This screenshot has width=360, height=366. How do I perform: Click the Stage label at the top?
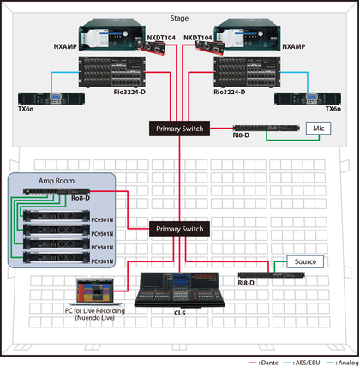(x=179, y=18)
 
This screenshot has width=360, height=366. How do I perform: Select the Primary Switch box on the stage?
(x=180, y=129)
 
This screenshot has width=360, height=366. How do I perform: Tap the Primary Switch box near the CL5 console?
(x=180, y=229)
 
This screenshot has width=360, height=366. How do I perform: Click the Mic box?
(x=319, y=129)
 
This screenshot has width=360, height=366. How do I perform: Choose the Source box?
(x=305, y=261)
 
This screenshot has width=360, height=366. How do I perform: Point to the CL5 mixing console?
(x=180, y=290)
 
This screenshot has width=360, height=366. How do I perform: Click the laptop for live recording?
(x=95, y=291)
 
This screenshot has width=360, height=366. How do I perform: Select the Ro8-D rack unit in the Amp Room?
(x=57, y=191)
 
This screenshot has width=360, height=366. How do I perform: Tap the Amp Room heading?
(x=57, y=181)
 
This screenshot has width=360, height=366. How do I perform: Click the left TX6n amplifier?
(x=51, y=99)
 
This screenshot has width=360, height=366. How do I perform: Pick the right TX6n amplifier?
(x=308, y=99)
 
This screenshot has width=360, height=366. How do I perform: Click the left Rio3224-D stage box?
(x=112, y=72)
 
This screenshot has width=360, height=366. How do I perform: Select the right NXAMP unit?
(x=248, y=35)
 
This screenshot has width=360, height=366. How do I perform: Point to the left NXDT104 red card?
(x=152, y=47)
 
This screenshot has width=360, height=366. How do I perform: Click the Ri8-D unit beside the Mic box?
(x=267, y=129)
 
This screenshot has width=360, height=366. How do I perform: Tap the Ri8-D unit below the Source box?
(x=272, y=275)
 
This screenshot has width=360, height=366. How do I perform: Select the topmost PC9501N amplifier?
(x=57, y=216)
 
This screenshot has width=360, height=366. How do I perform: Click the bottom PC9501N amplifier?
(x=57, y=257)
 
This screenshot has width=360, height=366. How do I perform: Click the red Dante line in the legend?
(x=253, y=363)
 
